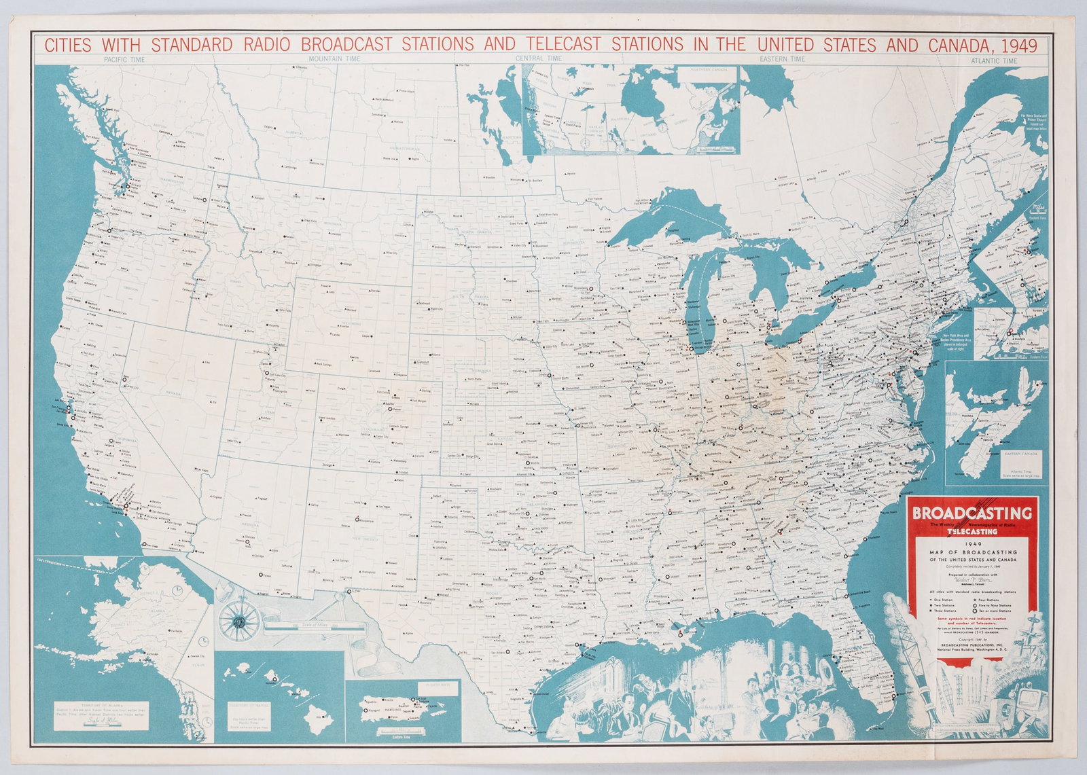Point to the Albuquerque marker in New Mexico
356,520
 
